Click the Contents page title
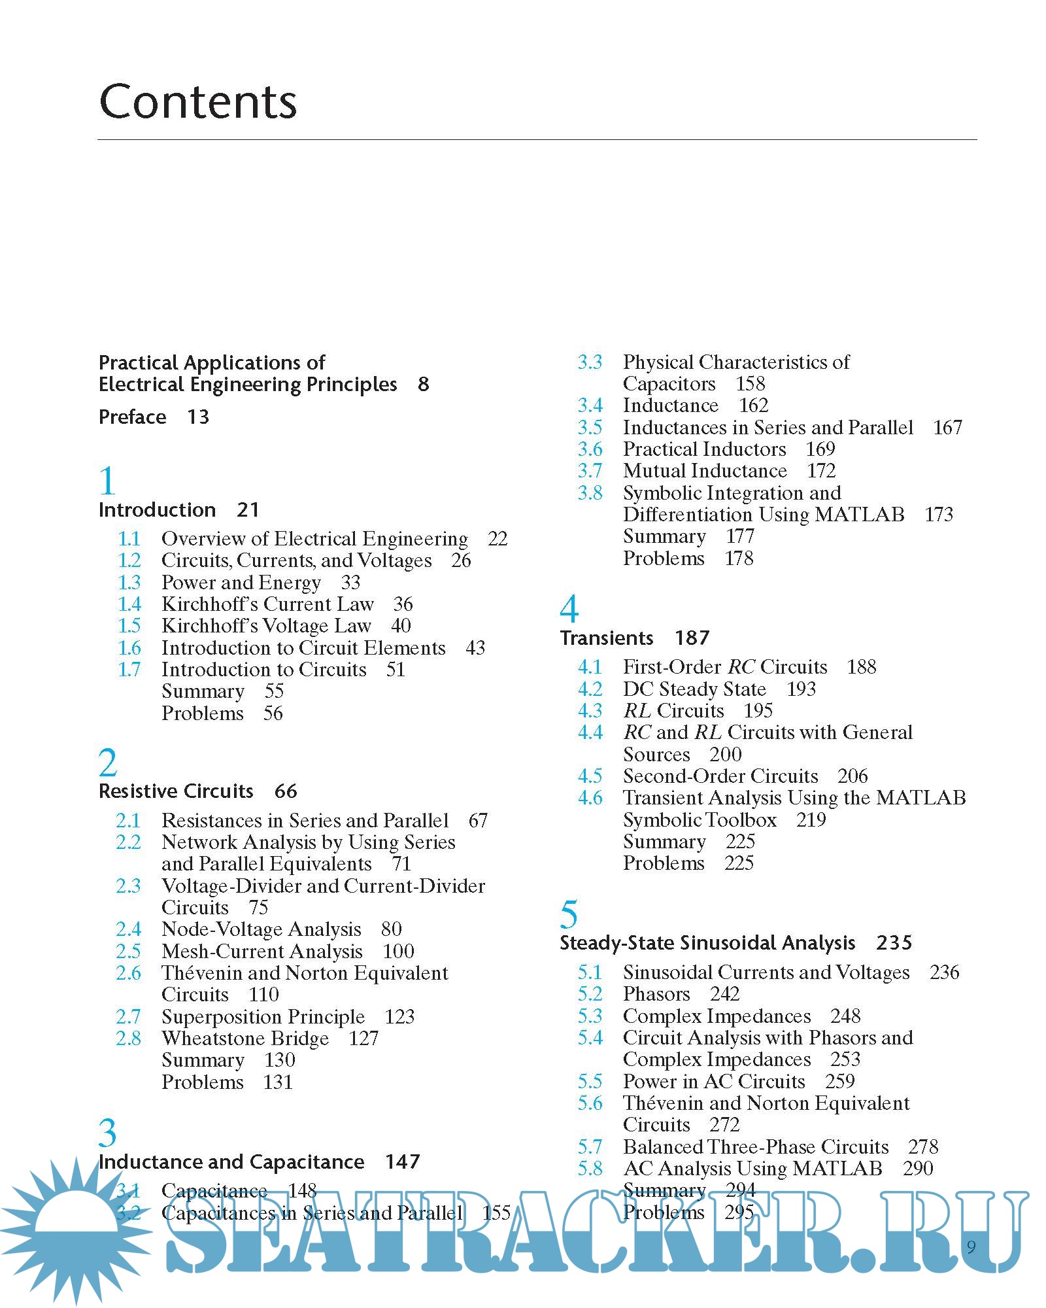[197, 102]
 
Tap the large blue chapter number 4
[569, 609]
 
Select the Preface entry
[132, 417]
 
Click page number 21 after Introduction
[248, 510]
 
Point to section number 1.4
[129, 604]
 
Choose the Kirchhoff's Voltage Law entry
[266, 626]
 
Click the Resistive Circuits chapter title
[176, 791]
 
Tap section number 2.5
[128, 951]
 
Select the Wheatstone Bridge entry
[245, 1039]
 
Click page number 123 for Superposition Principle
[399, 1016]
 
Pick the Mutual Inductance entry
[705, 471]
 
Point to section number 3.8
[590, 492]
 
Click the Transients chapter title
[607, 638]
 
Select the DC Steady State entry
[694, 689]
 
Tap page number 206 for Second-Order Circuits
[852, 776]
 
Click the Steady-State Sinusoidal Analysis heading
[707, 943]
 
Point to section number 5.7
[590, 1146]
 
